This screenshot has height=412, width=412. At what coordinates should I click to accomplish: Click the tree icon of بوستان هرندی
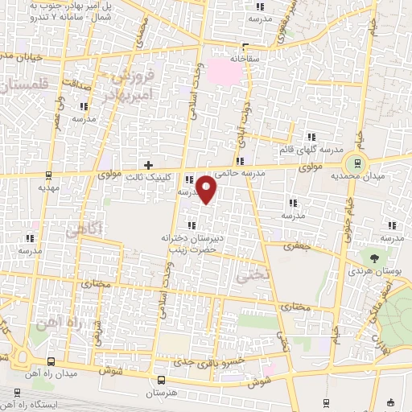[x=376, y=257]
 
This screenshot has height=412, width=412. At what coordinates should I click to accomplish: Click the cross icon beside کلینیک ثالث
[x=147, y=164]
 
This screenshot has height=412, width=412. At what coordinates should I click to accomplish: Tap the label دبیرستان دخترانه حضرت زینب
[x=200, y=244]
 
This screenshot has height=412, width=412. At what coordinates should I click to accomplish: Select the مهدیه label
[x=51, y=186]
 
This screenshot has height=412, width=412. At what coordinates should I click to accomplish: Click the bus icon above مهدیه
[x=49, y=173]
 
